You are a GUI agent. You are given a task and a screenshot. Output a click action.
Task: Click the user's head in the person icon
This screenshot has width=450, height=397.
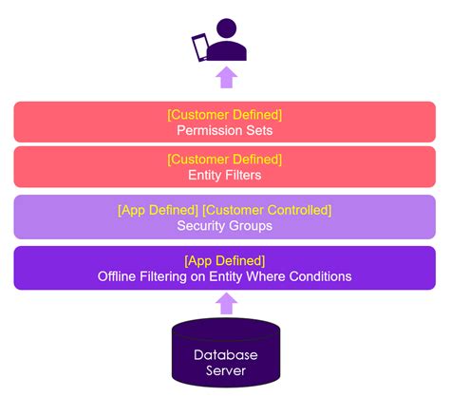pos(226,28)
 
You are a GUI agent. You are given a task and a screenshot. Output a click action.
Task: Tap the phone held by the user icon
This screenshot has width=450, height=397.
pos(200,47)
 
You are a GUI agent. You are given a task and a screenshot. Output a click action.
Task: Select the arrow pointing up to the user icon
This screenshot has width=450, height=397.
pos(227,77)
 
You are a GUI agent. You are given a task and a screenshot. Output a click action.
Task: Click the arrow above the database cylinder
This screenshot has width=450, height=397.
pos(227,303)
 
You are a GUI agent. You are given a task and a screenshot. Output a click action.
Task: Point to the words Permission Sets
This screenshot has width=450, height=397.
pos(225,130)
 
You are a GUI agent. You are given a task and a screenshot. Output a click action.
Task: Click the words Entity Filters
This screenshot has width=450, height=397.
pos(225,175)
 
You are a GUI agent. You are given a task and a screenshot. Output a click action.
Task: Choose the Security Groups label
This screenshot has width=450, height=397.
pos(225,226)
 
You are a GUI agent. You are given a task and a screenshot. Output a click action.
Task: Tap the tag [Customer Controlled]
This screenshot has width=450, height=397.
pos(267,210)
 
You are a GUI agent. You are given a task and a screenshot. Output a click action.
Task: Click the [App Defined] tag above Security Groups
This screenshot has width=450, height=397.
pos(158,210)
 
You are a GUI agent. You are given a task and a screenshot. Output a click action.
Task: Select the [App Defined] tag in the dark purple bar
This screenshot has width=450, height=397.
pos(225,261)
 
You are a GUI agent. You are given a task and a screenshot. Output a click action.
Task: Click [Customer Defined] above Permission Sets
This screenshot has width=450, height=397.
pos(225,115)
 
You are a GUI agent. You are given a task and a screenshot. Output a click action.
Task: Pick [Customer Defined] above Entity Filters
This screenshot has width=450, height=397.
pos(225,160)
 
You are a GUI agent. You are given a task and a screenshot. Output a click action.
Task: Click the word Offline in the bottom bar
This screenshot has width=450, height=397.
pos(117,276)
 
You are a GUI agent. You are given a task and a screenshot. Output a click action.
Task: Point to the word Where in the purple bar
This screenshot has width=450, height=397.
pos(266,276)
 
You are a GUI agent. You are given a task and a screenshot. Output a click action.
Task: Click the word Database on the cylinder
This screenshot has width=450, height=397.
pos(226,355)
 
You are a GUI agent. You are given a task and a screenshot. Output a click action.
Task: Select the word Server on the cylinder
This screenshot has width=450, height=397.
pos(226,370)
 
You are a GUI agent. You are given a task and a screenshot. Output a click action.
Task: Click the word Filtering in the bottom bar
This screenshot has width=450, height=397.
pos(163,276)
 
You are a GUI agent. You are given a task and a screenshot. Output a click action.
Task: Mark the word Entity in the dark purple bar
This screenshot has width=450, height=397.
pos(226,276)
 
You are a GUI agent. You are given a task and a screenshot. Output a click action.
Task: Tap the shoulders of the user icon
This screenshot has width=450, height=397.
pos(227,51)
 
